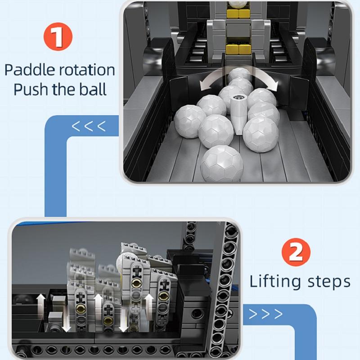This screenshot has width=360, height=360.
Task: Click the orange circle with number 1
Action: point(58,36)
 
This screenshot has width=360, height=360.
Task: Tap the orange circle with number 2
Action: point(296,252)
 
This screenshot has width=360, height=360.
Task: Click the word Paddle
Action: point(29,70)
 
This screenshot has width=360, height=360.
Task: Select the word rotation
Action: point(86,70)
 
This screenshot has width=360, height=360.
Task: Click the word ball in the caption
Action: point(93,89)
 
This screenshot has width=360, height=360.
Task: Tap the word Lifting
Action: point(275,282)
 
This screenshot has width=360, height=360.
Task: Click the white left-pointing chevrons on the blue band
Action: point(89,126)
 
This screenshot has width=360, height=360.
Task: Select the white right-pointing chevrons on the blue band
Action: point(266,314)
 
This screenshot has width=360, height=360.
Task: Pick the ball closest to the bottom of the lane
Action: point(221,164)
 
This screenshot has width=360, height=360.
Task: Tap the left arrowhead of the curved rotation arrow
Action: point(203,86)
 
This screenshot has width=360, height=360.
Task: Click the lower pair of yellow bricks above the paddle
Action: point(238,49)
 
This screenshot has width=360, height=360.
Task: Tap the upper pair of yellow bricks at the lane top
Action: point(238,13)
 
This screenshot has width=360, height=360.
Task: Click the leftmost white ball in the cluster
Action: point(189,121)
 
